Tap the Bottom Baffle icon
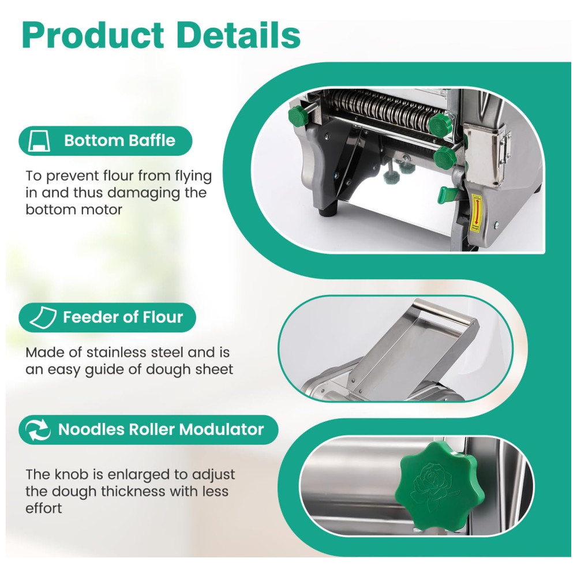tap(39, 141)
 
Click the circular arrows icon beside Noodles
tap(38, 429)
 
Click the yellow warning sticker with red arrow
tap(477, 214)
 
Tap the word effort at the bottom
tap(43, 508)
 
